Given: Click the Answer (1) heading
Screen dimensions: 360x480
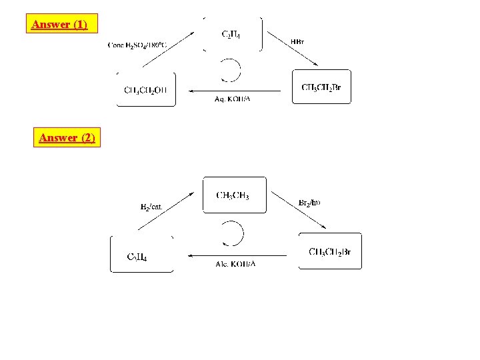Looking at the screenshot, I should coord(59,25).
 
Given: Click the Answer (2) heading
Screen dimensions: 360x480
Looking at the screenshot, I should coord(67,138).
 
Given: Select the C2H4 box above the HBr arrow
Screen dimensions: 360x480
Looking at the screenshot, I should coord(232,34).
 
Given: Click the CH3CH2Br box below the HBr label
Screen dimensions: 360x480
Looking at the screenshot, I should coord(321,87).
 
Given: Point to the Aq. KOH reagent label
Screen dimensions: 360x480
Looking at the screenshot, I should coord(232,99).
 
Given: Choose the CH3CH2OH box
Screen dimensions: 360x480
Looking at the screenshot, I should coord(146,90).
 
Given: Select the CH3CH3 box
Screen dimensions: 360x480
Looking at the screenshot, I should coord(234,195).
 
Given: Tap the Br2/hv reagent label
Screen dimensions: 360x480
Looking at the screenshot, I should coord(309,203).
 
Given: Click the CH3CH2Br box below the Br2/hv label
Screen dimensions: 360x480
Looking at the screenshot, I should coord(330,251).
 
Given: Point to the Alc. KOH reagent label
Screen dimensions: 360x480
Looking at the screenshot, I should coord(235,264).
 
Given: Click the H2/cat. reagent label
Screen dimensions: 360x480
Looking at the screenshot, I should coord(151,207).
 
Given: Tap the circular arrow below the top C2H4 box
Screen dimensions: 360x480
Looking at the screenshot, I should coord(230,69).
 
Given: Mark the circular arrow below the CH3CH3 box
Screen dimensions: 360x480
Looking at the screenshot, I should coord(233,234).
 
